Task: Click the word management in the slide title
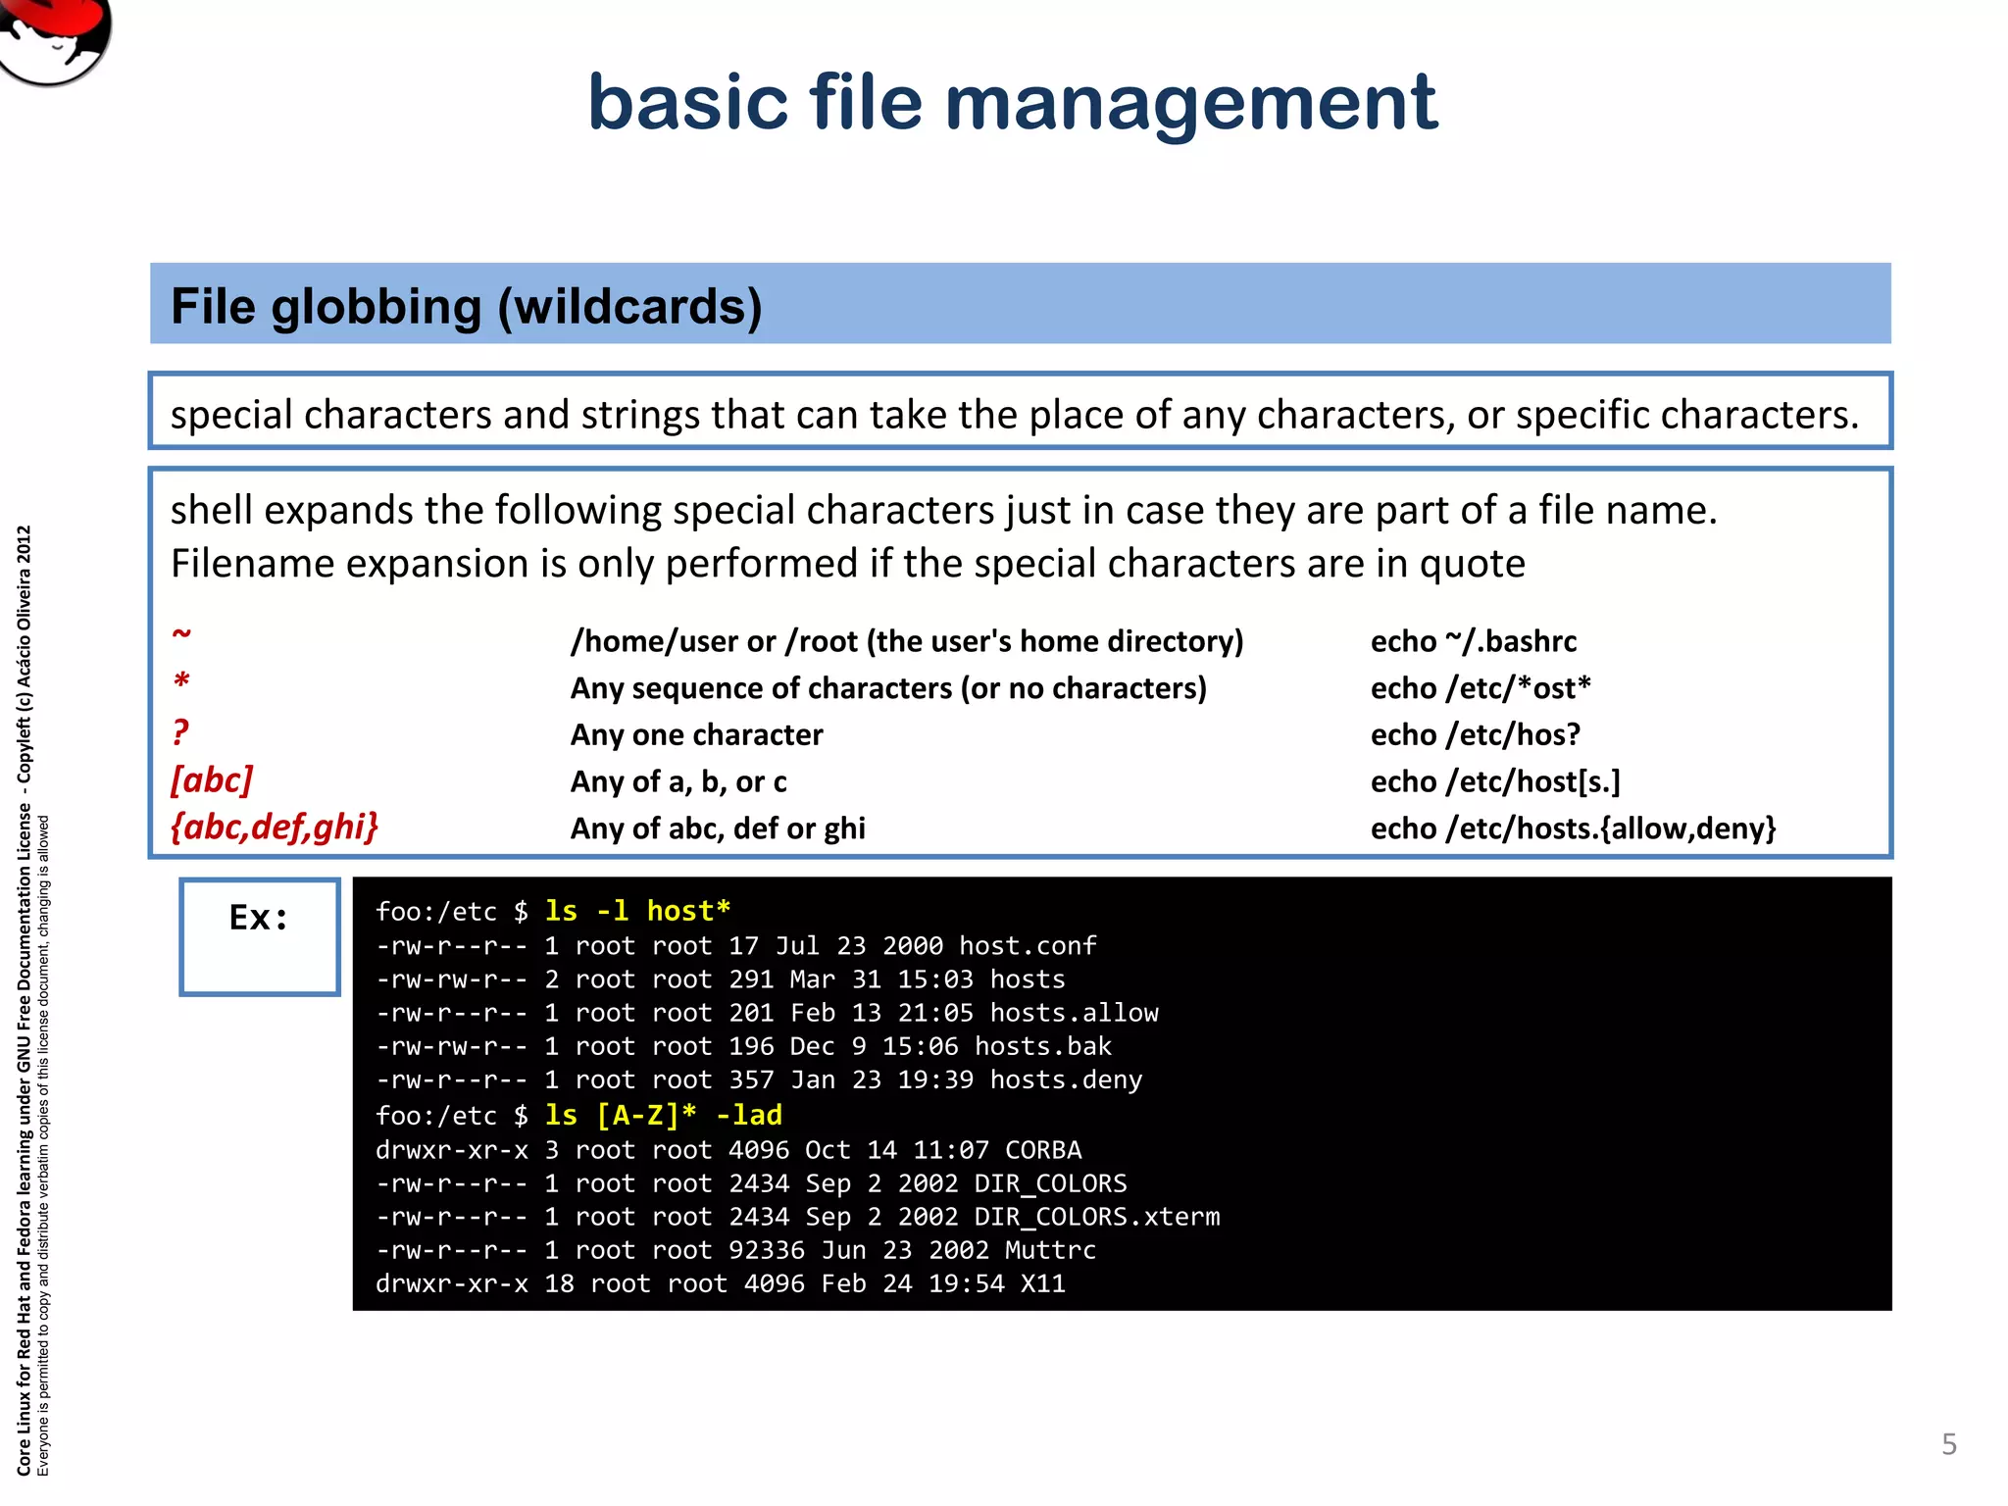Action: tap(1190, 104)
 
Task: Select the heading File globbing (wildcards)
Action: tap(467, 306)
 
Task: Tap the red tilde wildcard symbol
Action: tap(181, 633)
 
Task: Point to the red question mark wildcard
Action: tap(180, 732)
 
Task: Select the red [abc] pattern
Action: tap(212, 780)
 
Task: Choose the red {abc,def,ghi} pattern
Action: tap(275, 828)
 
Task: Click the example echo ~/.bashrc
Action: tap(1473, 641)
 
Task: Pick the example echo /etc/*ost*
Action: tap(1480, 688)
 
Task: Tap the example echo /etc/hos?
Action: tap(1475, 734)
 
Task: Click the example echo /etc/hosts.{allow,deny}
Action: tap(1573, 828)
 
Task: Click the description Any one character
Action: tap(696, 734)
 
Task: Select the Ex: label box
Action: tap(260, 936)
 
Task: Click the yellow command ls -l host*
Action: tap(637, 911)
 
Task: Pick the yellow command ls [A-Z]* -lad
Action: tap(663, 1115)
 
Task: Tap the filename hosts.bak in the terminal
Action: tap(1042, 1046)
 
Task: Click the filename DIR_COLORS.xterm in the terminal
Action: tap(1096, 1217)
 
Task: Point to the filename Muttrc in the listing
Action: tap(1050, 1250)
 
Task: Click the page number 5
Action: tap(1948, 1443)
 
